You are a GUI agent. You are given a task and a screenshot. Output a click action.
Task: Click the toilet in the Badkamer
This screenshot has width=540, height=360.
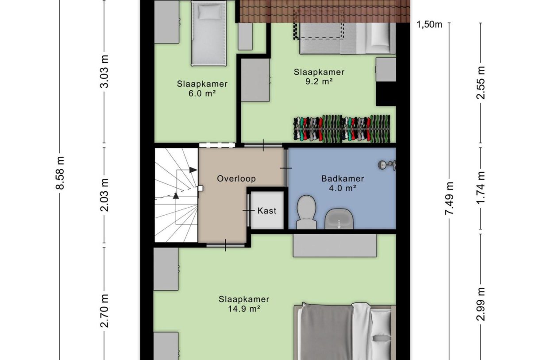pos(306,212)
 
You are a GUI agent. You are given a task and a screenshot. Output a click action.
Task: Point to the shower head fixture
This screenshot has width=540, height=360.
pos(387,165)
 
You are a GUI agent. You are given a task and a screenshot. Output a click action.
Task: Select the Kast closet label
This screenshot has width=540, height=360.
pos(267,210)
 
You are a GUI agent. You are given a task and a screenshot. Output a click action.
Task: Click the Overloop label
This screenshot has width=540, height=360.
pos(236,178)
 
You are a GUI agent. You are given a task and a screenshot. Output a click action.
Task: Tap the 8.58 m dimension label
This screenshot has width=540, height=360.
pos(61,173)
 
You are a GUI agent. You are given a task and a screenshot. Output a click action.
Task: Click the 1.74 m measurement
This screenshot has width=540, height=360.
pos(481,186)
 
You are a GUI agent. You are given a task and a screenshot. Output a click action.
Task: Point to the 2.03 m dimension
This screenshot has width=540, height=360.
pos(104,195)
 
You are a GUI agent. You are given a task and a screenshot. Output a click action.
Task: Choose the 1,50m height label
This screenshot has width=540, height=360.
pos(429,24)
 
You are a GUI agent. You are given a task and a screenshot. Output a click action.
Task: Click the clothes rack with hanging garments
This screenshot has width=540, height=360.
pos(342,128)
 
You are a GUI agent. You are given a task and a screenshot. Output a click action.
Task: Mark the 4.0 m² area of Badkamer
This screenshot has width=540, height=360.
pos(342,188)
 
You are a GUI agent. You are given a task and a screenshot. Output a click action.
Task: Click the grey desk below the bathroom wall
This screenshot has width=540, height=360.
pos(335,245)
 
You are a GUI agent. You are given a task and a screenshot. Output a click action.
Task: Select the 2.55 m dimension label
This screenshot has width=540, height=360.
pos(481,82)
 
